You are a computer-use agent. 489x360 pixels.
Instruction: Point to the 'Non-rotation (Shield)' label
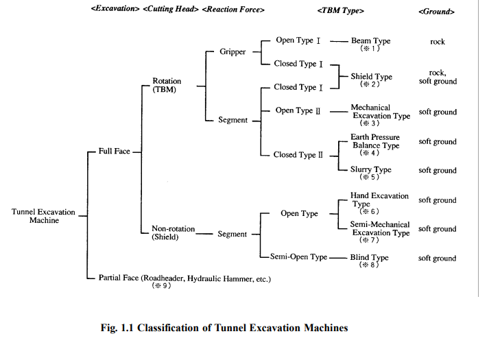coord(174,233)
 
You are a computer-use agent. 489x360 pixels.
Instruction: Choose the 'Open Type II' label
coord(298,110)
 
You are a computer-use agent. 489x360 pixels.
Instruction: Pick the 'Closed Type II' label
coord(298,155)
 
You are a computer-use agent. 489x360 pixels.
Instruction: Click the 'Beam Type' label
coord(370,42)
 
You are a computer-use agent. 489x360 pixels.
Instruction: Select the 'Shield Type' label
coord(371,77)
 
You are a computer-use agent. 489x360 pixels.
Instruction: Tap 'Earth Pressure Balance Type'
coord(374,142)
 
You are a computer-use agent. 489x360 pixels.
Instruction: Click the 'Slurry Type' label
coord(370,169)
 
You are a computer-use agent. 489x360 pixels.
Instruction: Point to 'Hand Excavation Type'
coord(379,200)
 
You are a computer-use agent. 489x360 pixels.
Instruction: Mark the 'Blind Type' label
coord(370,258)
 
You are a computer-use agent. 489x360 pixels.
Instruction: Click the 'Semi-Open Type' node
coord(298,257)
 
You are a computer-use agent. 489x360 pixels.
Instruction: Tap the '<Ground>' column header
coord(436,12)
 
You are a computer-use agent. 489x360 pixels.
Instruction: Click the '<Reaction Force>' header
coord(234,10)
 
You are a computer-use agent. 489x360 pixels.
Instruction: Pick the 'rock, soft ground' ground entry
coord(438,77)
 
